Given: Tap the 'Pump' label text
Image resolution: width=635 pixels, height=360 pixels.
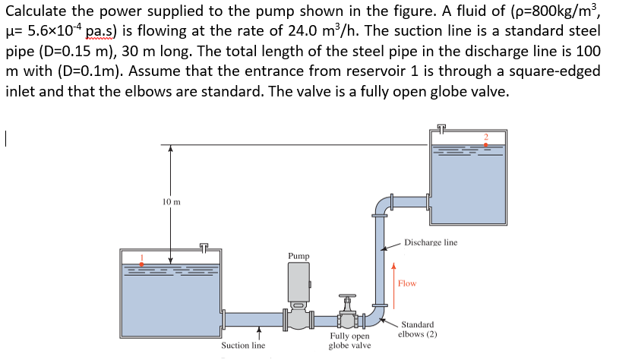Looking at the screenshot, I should point(299,256).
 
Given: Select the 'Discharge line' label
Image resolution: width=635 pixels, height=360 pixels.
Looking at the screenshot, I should point(431,242).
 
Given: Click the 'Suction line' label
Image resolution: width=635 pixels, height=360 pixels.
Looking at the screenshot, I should point(243,346).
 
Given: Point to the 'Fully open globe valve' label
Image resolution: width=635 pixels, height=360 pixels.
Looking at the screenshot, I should point(349,340).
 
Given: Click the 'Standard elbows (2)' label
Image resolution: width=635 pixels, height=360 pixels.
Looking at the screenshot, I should point(418,329).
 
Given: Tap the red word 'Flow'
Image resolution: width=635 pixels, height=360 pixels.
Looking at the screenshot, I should point(407,283).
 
